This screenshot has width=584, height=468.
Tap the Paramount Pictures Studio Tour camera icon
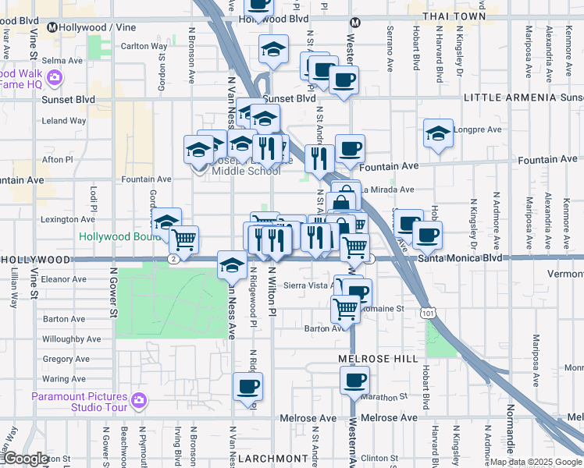coord(138,401)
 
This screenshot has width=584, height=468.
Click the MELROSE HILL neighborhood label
coord(368,357)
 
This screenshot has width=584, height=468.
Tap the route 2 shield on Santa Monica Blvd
coord(172,258)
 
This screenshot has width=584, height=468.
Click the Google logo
coord(26,459)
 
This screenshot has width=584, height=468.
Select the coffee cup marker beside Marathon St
coord(354,381)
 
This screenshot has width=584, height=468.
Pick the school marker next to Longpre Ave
coord(439,133)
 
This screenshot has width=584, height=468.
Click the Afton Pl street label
coord(57,159)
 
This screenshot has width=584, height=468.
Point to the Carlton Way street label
coord(144,46)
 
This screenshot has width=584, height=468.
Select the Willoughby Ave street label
coord(72,339)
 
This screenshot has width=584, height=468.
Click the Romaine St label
coord(388,309)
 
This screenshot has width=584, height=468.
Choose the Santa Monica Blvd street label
coord(460,257)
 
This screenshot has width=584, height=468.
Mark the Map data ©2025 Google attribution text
coord(536,462)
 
